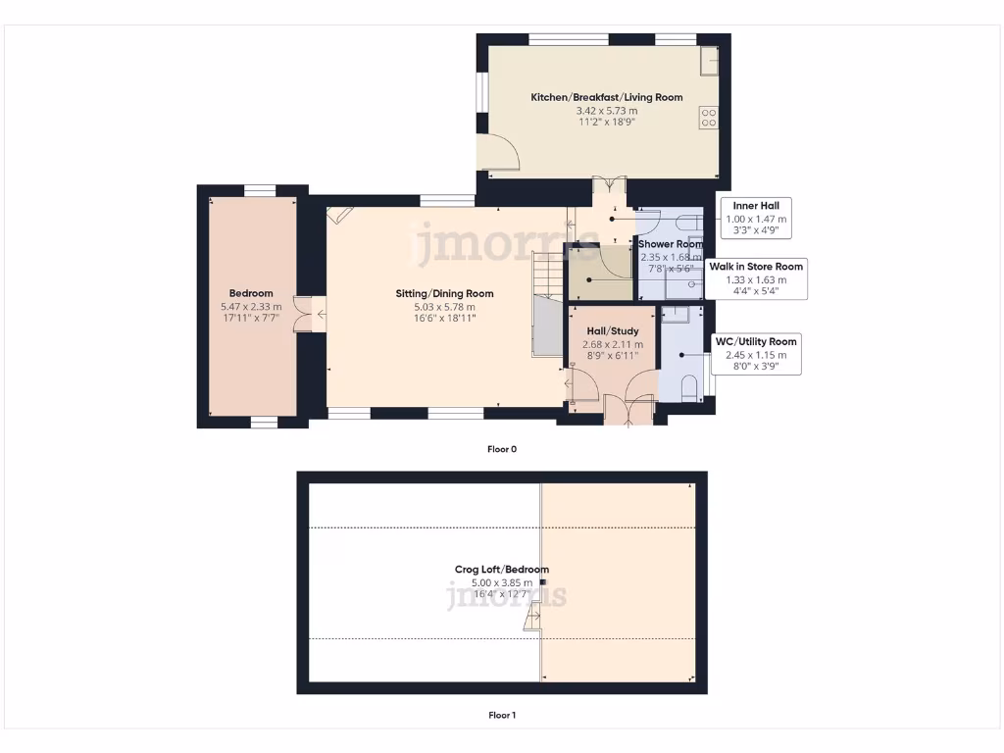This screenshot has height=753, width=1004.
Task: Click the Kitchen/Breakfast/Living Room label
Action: (606, 97)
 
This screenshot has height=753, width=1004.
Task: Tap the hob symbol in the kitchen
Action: (708, 118)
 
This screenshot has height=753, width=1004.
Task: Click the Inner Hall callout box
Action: (756, 219)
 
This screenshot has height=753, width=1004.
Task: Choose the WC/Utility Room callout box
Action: (756, 354)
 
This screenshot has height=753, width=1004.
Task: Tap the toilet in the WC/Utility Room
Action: (689, 385)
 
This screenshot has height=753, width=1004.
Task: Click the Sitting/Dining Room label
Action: (444, 293)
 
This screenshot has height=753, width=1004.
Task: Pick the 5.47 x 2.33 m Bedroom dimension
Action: (251, 306)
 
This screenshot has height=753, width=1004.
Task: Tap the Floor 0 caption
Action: (501, 449)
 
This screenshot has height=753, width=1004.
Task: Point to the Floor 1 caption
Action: (501, 715)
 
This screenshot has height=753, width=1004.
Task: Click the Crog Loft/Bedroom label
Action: (501, 570)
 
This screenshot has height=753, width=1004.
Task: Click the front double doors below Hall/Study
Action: (628, 409)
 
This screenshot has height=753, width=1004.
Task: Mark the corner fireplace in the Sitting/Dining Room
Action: (340, 216)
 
